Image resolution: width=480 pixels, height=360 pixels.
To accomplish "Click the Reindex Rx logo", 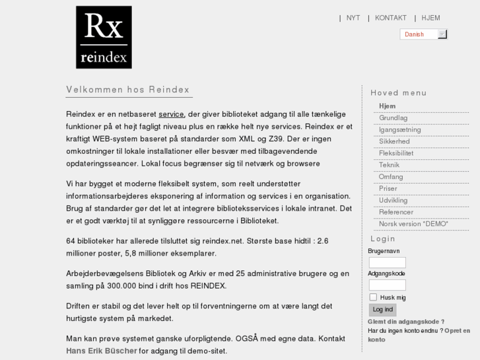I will pos(104,37).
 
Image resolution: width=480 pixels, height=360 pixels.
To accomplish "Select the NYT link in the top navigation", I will pos(353,18).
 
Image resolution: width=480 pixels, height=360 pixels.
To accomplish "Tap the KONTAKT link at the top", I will pos(391,18).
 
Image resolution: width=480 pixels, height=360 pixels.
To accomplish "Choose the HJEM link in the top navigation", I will pos(430,18).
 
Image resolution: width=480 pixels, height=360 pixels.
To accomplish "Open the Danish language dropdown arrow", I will pos(442,34).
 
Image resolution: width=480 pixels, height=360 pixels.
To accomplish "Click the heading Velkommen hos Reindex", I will pos(128,90).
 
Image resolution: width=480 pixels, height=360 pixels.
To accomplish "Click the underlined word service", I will pos(171,114).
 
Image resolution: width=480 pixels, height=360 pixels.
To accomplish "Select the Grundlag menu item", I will pos(393,118).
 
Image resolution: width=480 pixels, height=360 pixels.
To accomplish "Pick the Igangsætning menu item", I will pos(400,129).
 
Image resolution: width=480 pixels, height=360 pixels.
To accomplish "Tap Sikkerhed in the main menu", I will pos(394,141).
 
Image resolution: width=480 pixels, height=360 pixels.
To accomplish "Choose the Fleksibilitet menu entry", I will pos(396,153).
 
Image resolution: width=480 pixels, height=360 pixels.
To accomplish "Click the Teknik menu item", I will pos(389,165).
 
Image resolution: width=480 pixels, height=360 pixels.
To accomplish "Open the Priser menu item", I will pos(388,188).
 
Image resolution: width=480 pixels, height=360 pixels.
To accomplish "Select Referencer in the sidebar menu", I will pos(396,212).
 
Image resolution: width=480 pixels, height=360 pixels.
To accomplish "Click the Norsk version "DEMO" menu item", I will pos(413,224).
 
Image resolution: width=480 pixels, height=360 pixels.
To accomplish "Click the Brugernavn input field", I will pos(387,262).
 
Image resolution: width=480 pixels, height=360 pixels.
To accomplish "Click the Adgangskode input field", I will pos(387,285).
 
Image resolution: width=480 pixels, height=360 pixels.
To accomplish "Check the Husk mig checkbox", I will pos(373,297).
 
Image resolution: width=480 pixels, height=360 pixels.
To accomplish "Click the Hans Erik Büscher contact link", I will pos(102,351).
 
